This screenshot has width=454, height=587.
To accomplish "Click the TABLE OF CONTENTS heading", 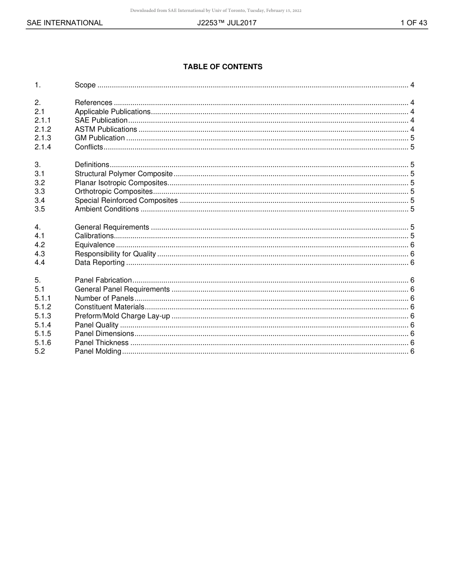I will coord(223,67).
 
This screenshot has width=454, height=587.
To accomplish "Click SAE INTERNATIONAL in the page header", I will coord(65,22).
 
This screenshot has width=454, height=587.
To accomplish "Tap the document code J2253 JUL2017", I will coord(227,22).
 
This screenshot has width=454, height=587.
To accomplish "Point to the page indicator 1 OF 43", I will coord(414,22).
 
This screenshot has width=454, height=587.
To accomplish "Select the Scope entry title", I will coord(85,85).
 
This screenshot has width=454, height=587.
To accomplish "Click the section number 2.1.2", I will coord(43,129).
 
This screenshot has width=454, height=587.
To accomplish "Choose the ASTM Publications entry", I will coord(106,129).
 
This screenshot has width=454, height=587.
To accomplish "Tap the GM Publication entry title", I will coord(99,138).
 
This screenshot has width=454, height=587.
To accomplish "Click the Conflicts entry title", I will coord(88,147).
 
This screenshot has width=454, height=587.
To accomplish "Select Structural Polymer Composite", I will coord(123,174).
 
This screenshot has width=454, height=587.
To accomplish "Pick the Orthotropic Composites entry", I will coord(113,191).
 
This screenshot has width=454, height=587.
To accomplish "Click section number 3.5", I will coord(40,209).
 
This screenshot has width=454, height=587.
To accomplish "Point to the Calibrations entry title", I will coord(94,236).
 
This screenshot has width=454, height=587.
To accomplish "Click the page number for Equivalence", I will coord(412,245).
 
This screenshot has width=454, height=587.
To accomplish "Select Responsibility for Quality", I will coord(115,254).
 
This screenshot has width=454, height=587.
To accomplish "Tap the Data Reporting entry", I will coord(99,262).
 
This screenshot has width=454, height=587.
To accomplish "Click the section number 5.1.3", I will coord(43,316).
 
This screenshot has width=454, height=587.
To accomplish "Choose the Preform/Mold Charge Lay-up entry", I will coord(122,316).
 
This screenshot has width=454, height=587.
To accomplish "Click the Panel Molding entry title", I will coord(98,352).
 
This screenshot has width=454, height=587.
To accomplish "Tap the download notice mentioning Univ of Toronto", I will coord(216,10).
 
